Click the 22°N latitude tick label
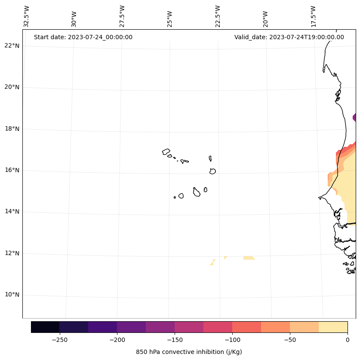click(x=12, y=46)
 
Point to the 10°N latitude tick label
click(x=12, y=295)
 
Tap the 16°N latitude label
click(x=12, y=170)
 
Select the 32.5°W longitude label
click(x=27, y=16)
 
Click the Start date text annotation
click(x=83, y=37)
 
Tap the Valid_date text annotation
click(x=289, y=37)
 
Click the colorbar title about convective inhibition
click(x=189, y=352)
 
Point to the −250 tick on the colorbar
click(x=59, y=340)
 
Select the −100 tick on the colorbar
click(x=232, y=340)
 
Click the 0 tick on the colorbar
click(x=347, y=340)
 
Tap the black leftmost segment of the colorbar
click(x=45, y=327)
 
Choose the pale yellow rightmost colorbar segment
click(x=333, y=327)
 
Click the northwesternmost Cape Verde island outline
click(x=166, y=152)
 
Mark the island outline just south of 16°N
click(x=212, y=171)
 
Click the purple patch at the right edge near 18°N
click(x=354, y=117)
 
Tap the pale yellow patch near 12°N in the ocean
click(x=249, y=258)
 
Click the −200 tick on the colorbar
click(x=117, y=340)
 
